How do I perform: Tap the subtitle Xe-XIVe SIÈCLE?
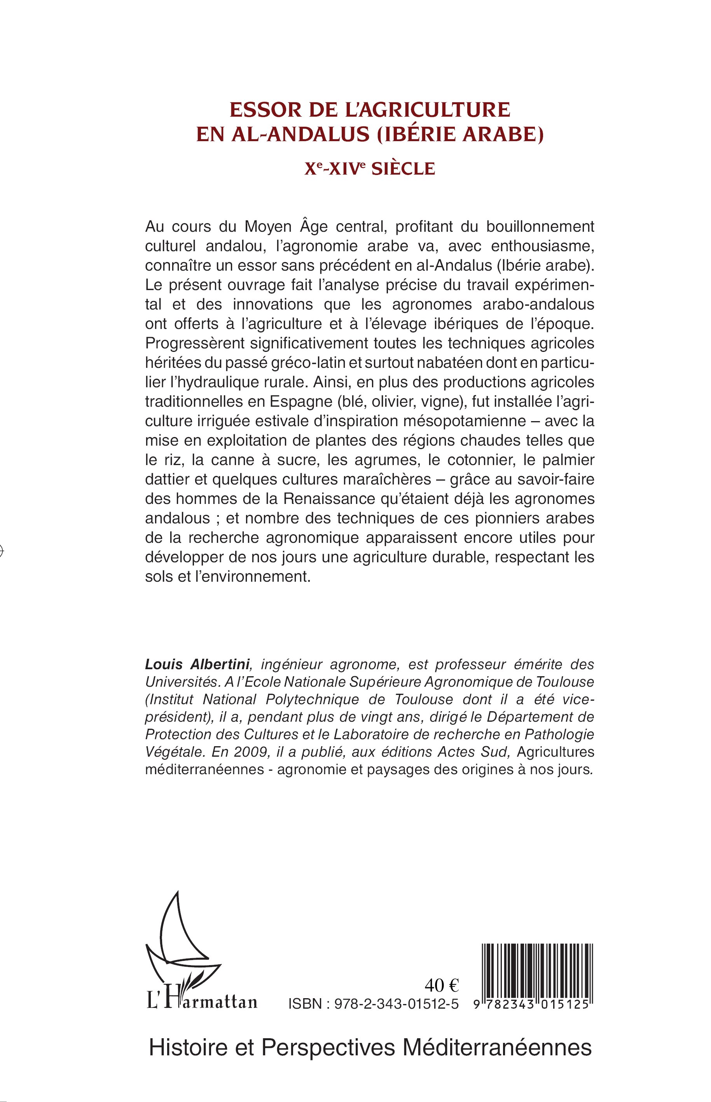[x=369, y=168]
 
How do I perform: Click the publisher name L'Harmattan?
[x=202, y=1001]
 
